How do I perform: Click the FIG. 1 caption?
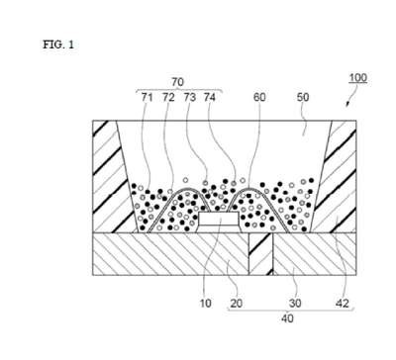pyautogui.click(x=58, y=45)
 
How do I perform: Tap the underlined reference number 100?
pyautogui.click(x=358, y=78)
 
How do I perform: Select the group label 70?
pyautogui.click(x=177, y=82)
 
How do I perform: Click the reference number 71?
pyautogui.click(x=148, y=97)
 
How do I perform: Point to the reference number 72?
pyautogui.click(x=168, y=97)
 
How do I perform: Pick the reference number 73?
pyautogui.click(x=190, y=97)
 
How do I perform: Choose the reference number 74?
pyautogui.click(x=210, y=97)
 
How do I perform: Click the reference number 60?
pyautogui.click(x=259, y=97)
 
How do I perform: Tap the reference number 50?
pyautogui.click(x=303, y=97)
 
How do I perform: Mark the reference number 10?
pyautogui.click(x=206, y=304)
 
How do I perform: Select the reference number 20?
pyautogui.click(x=237, y=304)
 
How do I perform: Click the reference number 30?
pyautogui.click(x=295, y=304)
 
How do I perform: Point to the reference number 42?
pyautogui.click(x=342, y=304)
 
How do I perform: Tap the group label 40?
pyautogui.click(x=287, y=318)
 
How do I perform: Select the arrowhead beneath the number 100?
pyautogui.click(x=346, y=104)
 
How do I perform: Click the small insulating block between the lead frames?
pyautogui.click(x=261, y=254)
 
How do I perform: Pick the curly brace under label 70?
pyautogui.click(x=179, y=90)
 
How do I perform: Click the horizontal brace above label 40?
pyautogui.click(x=291, y=310)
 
